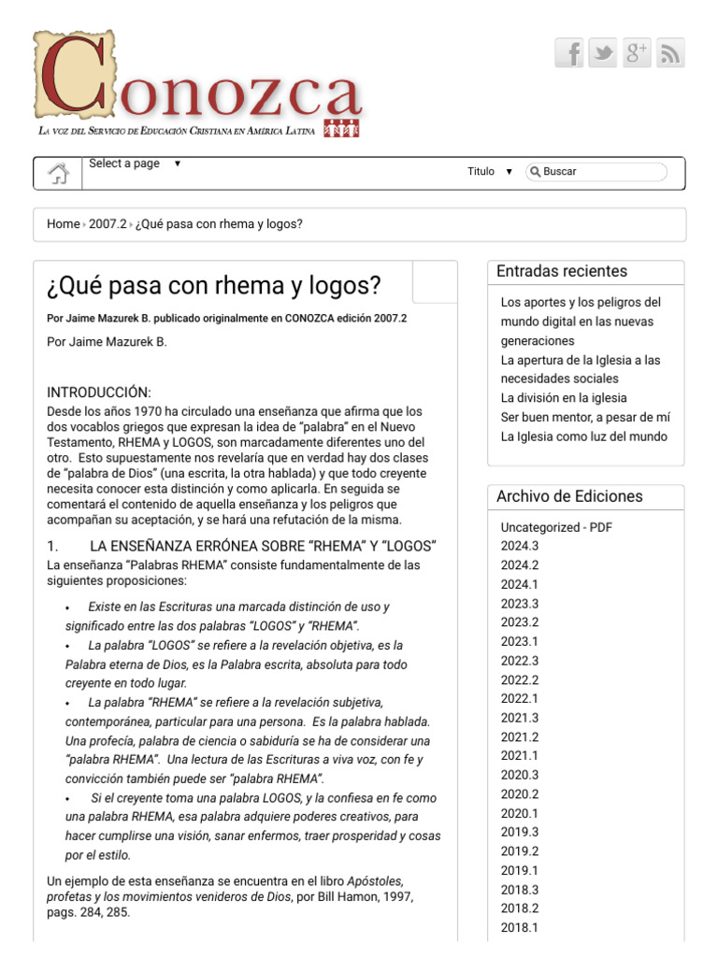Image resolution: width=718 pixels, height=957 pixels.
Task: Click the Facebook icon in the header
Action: tap(569, 53)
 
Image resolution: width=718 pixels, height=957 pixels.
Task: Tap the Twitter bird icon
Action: tap(603, 53)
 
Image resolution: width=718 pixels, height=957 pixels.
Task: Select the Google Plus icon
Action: tap(637, 53)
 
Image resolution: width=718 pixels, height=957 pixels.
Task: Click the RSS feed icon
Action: tap(670, 53)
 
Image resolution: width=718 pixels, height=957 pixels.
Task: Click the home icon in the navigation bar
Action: tap(58, 173)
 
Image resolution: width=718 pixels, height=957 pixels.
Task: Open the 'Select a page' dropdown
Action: tap(135, 164)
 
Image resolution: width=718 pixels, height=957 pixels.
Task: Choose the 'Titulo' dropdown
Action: tap(490, 172)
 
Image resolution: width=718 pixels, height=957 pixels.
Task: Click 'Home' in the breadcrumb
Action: tap(63, 224)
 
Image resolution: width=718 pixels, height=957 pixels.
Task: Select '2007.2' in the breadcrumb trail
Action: tap(107, 224)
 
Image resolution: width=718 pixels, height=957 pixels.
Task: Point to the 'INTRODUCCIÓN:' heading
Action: tap(98, 393)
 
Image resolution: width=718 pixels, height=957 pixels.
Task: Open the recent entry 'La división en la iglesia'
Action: tap(564, 398)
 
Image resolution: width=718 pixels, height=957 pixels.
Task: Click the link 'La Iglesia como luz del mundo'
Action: tap(583, 436)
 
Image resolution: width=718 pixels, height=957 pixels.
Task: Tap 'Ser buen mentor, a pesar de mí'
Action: tap(585, 418)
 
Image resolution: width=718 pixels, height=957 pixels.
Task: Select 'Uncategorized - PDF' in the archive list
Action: tap(556, 527)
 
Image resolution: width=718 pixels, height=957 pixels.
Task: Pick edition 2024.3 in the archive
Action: tap(519, 546)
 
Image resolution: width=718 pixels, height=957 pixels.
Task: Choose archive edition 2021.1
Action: tap(519, 755)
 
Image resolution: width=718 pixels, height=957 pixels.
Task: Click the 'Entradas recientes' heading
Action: tap(562, 272)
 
